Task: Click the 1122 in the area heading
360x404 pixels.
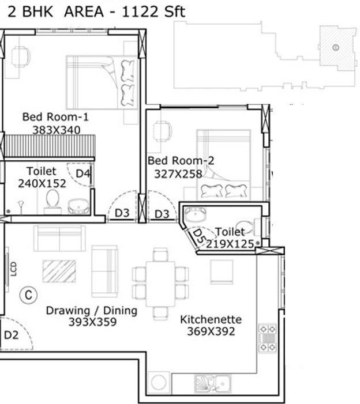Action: coord(140,12)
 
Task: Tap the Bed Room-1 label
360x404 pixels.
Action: coord(55,117)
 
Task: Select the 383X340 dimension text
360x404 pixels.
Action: coord(57,130)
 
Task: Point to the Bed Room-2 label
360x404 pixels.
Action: coord(181,161)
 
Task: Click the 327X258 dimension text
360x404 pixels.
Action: coord(178,174)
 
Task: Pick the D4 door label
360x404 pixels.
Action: coord(83,173)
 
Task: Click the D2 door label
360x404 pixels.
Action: coord(12,335)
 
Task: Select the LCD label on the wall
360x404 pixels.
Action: coord(14,269)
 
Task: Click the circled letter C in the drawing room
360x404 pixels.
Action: coord(28,295)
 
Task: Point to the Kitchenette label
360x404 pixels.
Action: coord(211,320)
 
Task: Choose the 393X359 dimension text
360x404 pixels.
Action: coord(92,322)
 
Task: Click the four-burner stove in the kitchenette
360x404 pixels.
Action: coord(268,338)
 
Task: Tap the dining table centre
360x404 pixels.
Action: coord(160,284)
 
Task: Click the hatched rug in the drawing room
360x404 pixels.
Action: coord(59,271)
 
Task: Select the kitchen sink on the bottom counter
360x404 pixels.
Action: coord(212,384)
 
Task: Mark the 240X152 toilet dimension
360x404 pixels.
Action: coord(42,183)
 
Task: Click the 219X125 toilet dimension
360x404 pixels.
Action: coord(230,244)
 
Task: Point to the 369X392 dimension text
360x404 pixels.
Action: coord(211,331)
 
